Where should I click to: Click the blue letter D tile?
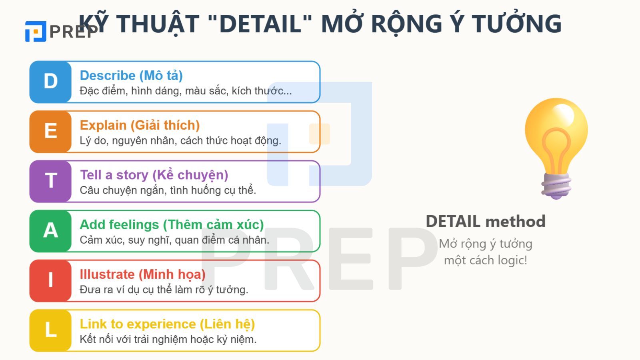coord(50,82)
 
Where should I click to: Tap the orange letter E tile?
coord(50,132)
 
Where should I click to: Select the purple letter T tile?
coord(50,181)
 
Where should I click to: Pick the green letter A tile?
coord(50,231)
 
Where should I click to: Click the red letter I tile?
coord(50,280)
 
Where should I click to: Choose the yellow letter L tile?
coord(50,330)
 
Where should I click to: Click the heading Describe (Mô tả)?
coord(131,75)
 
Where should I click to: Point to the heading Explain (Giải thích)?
coord(140,125)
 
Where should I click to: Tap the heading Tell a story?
coord(154,175)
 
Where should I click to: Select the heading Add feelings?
coord(172,224)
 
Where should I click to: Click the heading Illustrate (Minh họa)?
coord(142,274)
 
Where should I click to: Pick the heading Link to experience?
coord(167,324)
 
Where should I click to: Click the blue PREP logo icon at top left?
coord(36,32)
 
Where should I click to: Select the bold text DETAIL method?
coord(486,221)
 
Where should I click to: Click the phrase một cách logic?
coord(486,260)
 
